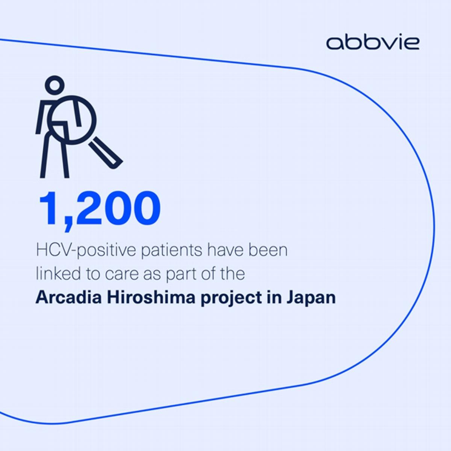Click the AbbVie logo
coord(372,43)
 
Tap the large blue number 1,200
coord(100,209)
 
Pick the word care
coord(122,274)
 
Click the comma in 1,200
coord(68,225)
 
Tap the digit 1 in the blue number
coord(49,208)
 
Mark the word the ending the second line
coord(231,273)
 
